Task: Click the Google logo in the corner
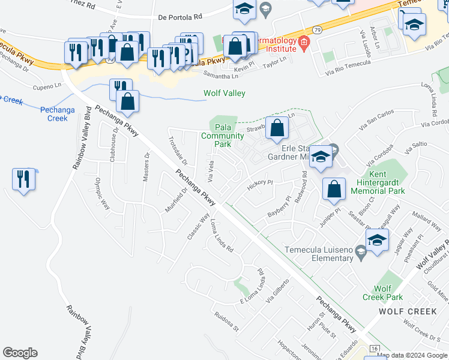click(x=20, y=353)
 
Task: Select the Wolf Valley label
click(x=224, y=94)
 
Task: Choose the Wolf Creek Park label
click(x=382, y=293)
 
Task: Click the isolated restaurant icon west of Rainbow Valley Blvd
click(x=23, y=179)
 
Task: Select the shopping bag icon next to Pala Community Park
click(x=276, y=128)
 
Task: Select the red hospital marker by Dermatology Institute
click(x=304, y=41)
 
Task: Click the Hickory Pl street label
click(x=260, y=183)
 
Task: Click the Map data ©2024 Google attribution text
click(x=412, y=355)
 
